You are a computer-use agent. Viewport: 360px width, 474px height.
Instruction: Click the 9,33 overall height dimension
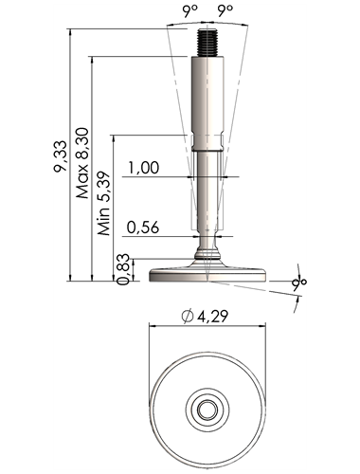60,156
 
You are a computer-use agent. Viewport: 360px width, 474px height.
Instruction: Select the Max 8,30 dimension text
82,163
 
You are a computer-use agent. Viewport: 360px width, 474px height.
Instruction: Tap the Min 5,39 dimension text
104,204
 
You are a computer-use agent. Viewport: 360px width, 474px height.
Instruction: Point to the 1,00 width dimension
143,167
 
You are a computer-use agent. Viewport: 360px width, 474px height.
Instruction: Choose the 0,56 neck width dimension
143,228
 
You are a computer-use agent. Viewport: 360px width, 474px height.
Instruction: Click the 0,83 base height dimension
123,269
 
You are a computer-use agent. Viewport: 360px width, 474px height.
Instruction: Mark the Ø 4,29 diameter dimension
205,316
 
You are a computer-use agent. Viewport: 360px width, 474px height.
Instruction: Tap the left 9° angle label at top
189,11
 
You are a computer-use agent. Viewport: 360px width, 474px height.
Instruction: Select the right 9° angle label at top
225,11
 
